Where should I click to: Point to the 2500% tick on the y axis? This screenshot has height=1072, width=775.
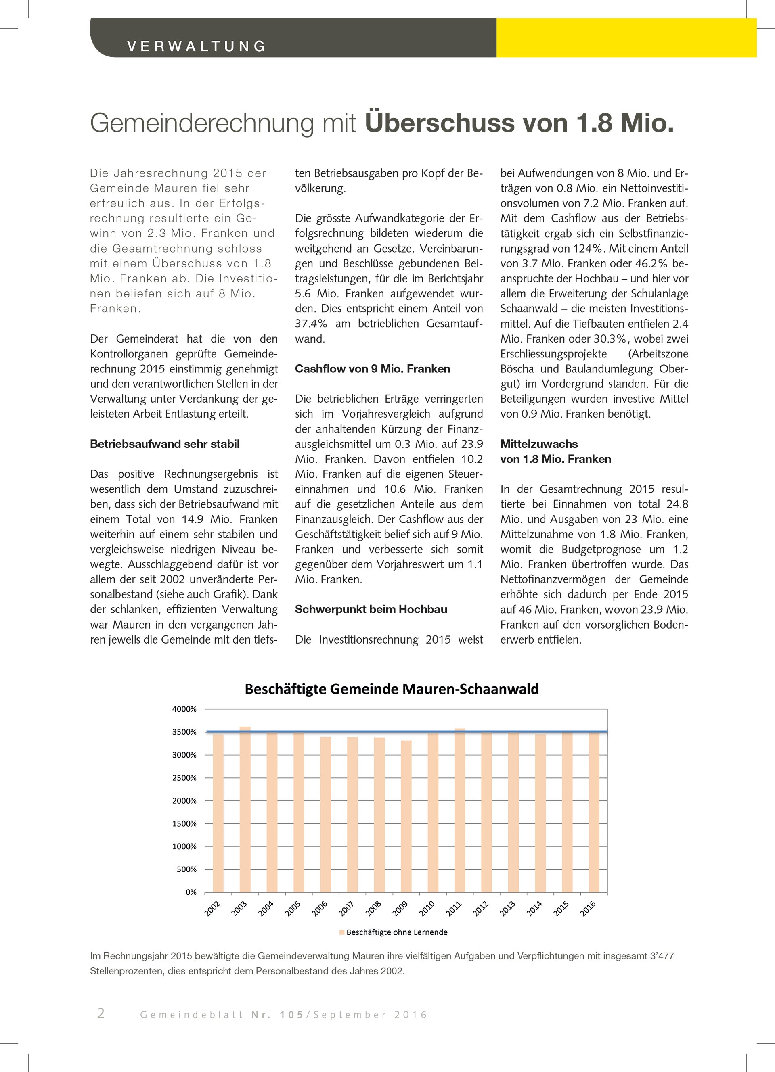pyautogui.click(x=184, y=777)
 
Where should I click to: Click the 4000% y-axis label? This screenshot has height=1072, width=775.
pyautogui.click(x=184, y=709)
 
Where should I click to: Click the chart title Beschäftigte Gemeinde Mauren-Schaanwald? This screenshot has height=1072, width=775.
pyautogui.click(x=392, y=689)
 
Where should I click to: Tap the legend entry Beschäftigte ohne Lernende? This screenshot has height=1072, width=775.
pyautogui.click(x=397, y=932)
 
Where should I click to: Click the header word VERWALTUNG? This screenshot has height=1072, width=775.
pyautogui.click(x=197, y=46)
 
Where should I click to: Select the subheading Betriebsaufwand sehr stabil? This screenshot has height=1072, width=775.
pyautogui.click(x=165, y=444)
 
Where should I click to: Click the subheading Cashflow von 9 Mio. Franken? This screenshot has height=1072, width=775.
pyautogui.click(x=373, y=369)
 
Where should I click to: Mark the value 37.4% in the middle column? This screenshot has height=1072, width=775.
pyautogui.click(x=311, y=324)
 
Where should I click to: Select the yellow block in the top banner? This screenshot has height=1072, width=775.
pyautogui.click(x=626, y=38)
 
